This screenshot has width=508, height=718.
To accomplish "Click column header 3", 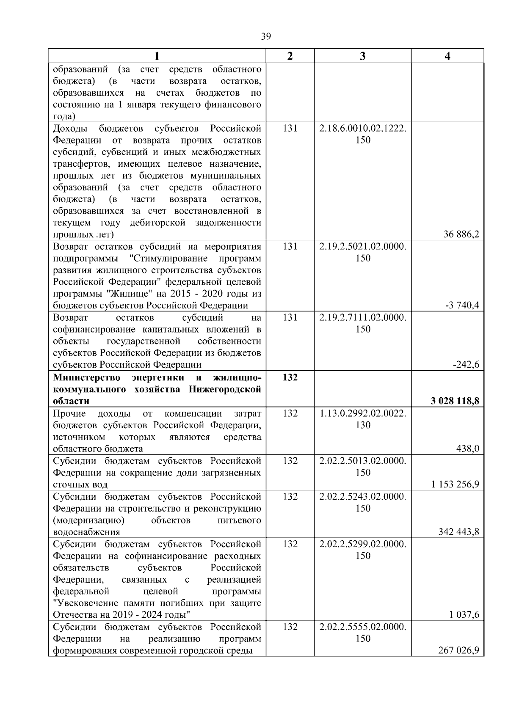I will point(362,56).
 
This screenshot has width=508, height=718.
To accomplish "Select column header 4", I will point(447,56).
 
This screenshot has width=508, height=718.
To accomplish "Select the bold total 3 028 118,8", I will point(455,401).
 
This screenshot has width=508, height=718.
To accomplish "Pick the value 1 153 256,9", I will point(455,484).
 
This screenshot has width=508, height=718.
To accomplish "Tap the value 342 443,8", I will point(458,532).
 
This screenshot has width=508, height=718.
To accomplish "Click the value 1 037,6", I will point(464,615).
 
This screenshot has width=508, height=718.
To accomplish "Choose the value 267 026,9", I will point(458,650).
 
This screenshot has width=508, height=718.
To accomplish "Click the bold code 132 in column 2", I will point(290,377).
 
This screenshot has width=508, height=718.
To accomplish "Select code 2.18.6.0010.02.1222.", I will point(362,128).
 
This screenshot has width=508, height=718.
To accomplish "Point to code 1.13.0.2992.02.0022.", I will point(362,413).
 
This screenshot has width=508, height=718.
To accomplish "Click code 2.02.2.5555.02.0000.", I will point(362,627).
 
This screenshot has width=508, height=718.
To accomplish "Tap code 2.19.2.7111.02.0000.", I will point(362,317).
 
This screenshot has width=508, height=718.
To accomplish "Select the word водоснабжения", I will point(86,532).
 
